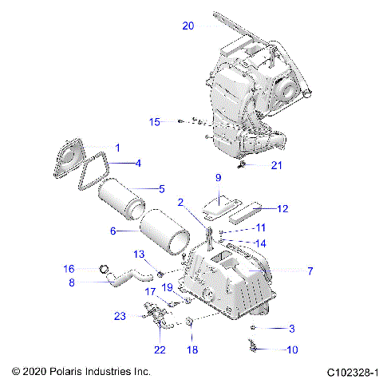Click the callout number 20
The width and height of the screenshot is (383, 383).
(x=188, y=26)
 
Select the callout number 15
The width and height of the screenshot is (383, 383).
(x=155, y=121)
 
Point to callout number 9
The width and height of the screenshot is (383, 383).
(x=216, y=177)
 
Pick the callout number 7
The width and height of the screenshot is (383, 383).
(x=310, y=271)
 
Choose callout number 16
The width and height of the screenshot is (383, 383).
(x=69, y=268)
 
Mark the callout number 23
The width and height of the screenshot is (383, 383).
(x=120, y=316)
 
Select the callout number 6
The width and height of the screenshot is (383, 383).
(x=113, y=231)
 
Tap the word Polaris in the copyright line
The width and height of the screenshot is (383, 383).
(x=72, y=372)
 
